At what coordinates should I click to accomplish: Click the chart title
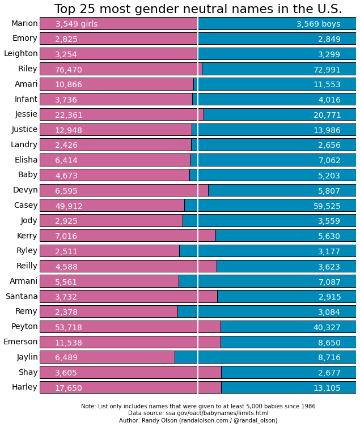pyautogui.click(x=198, y=9)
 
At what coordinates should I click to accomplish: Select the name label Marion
pyautogui.click(x=24, y=23)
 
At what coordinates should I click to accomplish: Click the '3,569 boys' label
pyautogui.click(x=318, y=24)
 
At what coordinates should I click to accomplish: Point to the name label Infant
pyautogui.click(x=26, y=99)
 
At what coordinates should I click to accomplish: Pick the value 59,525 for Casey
pyautogui.click(x=327, y=206)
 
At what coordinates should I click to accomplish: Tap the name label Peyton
pyautogui.click(x=24, y=326)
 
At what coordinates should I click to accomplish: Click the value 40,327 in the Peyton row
pyautogui.click(x=327, y=327)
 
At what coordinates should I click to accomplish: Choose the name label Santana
pyautogui.click(x=22, y=296)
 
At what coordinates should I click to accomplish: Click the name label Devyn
pyautogui.click(x=26, y=190)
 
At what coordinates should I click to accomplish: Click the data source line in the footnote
pyautogui.click(x=198, y=413)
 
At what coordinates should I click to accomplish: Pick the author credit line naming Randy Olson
pyautogui.click(x=198, y=421)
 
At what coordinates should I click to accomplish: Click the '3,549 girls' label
pyautogui.click(x=76, y=24)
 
